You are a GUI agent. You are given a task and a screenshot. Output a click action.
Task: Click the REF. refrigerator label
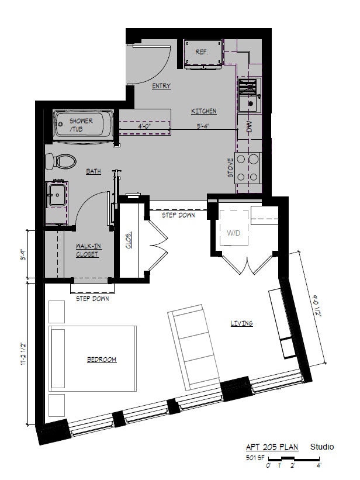202,52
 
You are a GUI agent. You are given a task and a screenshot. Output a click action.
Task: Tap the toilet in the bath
61,161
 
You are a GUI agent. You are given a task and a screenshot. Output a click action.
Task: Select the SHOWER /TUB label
81,125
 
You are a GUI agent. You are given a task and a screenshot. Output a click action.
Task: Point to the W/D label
234,233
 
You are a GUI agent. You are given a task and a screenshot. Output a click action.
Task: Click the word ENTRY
161,86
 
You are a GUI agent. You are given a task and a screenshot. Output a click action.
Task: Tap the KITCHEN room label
204,111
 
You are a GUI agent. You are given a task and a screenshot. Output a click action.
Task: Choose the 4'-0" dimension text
144,126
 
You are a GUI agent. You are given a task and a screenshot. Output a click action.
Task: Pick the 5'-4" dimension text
203,126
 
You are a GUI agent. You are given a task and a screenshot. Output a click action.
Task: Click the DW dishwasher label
250,127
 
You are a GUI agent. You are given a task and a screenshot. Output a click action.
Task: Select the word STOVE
230,168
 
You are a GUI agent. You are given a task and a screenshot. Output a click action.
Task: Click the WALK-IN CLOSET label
88,250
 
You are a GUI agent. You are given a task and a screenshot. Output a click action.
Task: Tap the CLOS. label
129,240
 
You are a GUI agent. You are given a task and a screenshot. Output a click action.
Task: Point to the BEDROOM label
102,360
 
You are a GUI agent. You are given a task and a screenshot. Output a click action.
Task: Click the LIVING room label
242,323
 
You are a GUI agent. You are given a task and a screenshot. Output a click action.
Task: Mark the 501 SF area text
255,458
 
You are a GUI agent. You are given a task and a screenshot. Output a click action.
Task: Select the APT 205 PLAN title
272,447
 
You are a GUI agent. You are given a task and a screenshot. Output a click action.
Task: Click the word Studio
322,447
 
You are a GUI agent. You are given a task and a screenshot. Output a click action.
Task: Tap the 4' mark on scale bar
319,465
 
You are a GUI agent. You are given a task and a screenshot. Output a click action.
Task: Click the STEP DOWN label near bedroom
92,299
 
